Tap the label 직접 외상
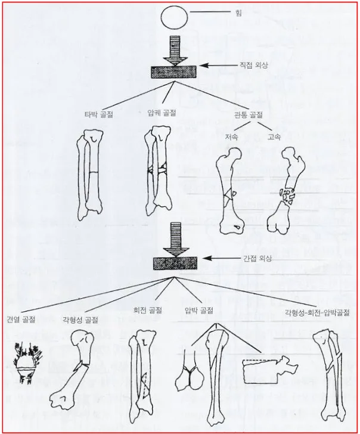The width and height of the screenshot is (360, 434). click(253, 66)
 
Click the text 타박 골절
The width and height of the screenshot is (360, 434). click(99, 114)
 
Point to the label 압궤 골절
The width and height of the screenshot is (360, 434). click(162, 113)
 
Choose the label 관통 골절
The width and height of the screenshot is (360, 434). click(248, 115)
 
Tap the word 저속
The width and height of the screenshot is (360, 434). click(231, 137)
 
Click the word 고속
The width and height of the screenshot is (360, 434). click(274, 137)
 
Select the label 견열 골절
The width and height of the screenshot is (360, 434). click(21, 320)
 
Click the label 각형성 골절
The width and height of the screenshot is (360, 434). click(80, 320)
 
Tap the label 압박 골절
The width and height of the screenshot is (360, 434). click(199, 311)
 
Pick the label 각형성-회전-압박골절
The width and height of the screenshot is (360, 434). click(318, 313)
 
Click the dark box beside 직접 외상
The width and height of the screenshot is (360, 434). click(174, 72)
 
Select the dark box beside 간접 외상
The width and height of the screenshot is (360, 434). click(175, 263)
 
